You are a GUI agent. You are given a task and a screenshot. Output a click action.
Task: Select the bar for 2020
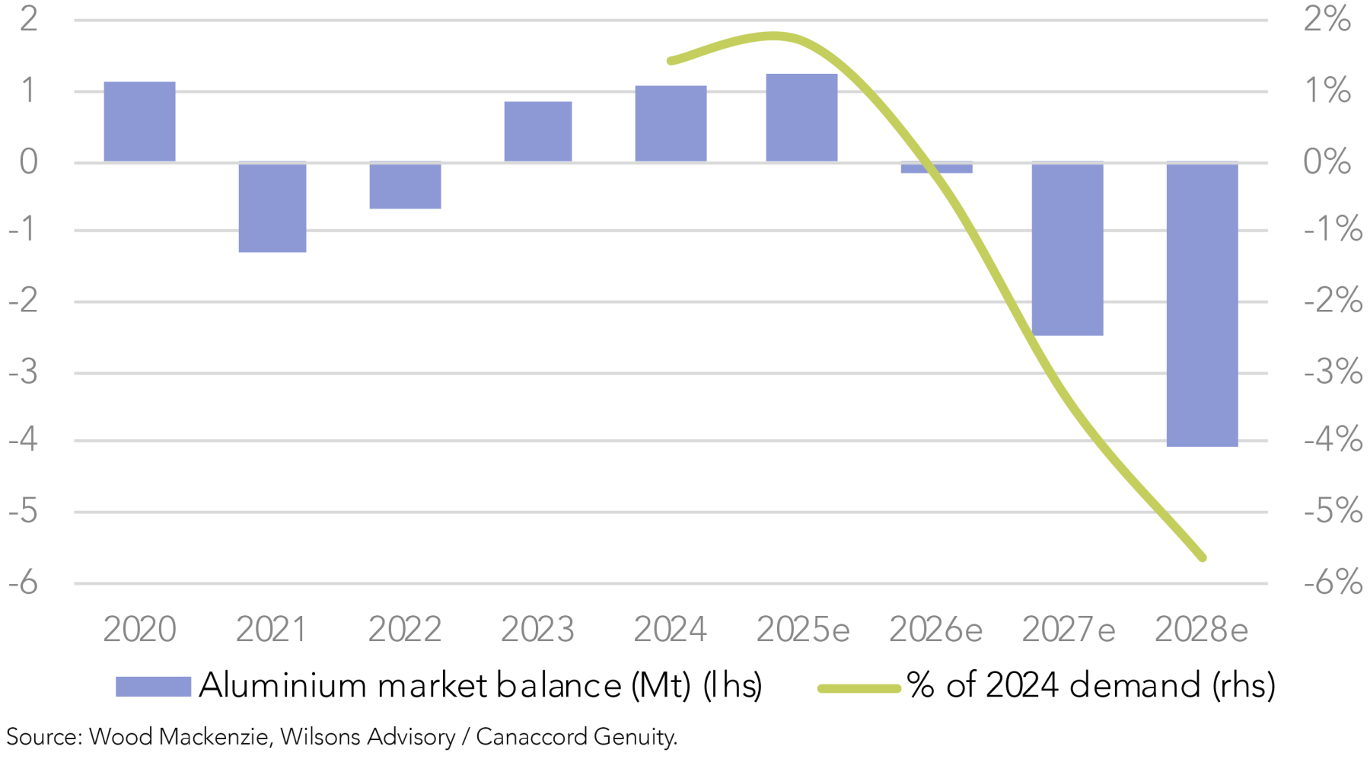(x=139, y=122)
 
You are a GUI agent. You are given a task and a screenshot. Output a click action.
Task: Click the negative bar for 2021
(x=272, y=207)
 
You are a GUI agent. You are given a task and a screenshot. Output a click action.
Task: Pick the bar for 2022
(x=405, y=185)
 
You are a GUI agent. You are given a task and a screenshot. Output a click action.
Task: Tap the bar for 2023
(x=537, y=132)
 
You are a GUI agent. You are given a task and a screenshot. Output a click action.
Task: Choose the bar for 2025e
(x=801, y=118)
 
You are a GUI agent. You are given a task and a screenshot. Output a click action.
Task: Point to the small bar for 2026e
(x=936, y=167)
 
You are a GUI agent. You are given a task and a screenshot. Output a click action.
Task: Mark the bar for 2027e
(x=1067, y=249)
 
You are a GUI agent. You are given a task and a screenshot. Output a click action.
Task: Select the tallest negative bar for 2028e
(x=1202, y=305)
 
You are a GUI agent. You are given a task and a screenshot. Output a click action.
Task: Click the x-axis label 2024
(x=670, y=630)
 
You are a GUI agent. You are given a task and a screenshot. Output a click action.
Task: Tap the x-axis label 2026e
(x=935, y=630)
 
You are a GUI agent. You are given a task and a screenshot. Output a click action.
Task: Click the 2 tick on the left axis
(x=28, y=18)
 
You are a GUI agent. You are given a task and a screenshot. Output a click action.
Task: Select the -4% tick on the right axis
(x=1333, y=439)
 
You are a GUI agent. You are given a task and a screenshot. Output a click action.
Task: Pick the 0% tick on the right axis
(x=1327, y=161)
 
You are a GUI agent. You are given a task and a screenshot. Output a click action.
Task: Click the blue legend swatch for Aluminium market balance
(x=153, y=686)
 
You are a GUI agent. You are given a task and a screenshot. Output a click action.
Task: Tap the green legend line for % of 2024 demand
(x=859, y=688)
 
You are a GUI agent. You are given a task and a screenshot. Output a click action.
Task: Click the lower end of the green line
(x=1203, y=557)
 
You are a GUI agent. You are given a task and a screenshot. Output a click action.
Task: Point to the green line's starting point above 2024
(x=671, y=60)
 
